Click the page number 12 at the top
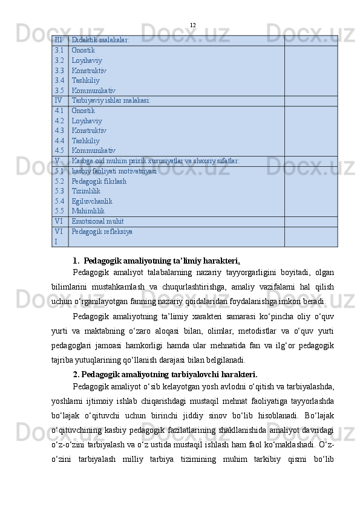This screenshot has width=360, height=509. point(192,25)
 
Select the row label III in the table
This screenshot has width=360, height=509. point(58,40)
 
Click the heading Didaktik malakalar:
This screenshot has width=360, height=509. point(100,40)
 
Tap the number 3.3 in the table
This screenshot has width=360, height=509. point(59,71)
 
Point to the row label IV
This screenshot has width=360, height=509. point(58,100)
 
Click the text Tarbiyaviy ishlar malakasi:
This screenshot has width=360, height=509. point(111,100)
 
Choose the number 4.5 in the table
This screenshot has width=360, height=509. point(59,151)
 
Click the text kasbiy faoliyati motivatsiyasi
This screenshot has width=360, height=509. point(114,171)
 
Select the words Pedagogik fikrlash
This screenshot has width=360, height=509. point(99,181)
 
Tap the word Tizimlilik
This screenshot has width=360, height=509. point(86,191)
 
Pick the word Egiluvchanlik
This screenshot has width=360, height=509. point(92,201)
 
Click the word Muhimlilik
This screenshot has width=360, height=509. point(88,211)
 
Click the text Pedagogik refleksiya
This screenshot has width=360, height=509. point(102,232)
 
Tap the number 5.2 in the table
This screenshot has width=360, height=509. point(59,181)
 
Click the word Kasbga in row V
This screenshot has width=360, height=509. point(82,161)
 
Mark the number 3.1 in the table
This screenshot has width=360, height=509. point(59,51)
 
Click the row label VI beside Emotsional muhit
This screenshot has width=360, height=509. point(58,222)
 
